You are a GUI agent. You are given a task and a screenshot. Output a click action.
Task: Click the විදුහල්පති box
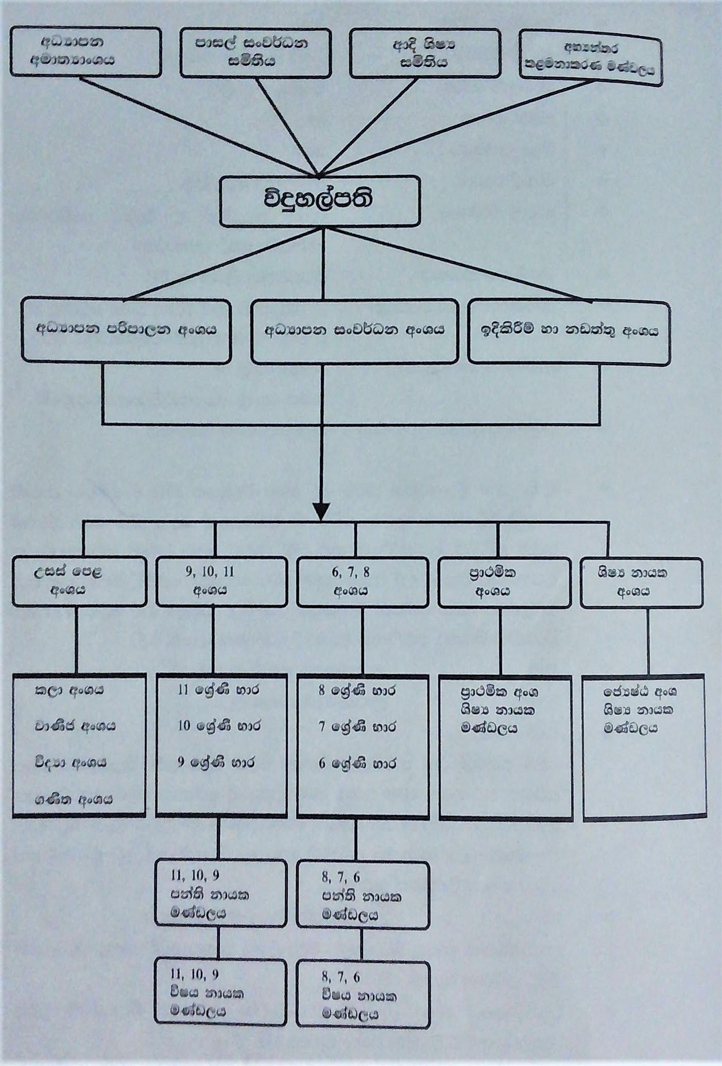320,201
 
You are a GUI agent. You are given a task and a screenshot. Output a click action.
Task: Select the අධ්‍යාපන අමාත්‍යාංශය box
85,52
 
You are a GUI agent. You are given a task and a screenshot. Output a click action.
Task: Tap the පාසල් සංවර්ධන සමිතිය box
255,53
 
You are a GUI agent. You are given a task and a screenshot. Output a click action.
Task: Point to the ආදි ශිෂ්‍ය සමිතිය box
425,54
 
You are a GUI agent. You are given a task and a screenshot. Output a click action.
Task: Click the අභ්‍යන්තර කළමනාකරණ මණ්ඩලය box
590,58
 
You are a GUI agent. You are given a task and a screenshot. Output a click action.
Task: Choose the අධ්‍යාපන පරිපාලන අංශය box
126,330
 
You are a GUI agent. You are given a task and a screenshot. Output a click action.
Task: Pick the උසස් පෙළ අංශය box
79,581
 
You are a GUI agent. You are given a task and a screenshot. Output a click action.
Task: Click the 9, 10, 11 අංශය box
221,581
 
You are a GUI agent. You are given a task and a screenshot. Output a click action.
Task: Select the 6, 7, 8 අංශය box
363,582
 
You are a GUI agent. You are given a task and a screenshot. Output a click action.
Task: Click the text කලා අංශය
69,691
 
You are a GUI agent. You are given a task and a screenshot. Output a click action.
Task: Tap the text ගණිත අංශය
74,800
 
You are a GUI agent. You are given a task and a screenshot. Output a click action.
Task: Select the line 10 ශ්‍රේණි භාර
219,726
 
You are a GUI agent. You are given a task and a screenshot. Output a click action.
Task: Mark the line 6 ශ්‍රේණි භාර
357,763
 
